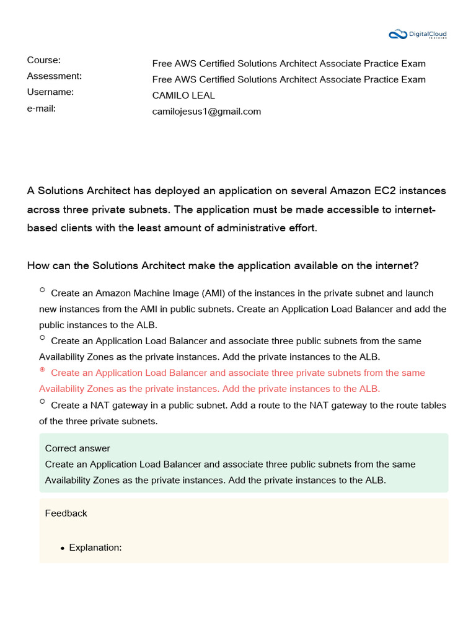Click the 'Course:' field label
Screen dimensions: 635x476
43,60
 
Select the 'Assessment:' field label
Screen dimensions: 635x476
54,76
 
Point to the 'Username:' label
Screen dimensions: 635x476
50,92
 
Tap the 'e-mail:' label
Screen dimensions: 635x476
42,108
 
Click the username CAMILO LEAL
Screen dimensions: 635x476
183,95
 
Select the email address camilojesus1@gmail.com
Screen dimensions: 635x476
206,112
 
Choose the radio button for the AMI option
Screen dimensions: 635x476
42,290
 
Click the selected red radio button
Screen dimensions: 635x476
42,370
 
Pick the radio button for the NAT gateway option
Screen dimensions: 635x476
42,401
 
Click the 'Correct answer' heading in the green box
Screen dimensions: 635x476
77,448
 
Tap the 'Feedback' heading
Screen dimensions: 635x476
66,513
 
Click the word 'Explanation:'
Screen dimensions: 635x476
95,548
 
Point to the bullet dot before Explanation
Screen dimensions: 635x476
63,548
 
